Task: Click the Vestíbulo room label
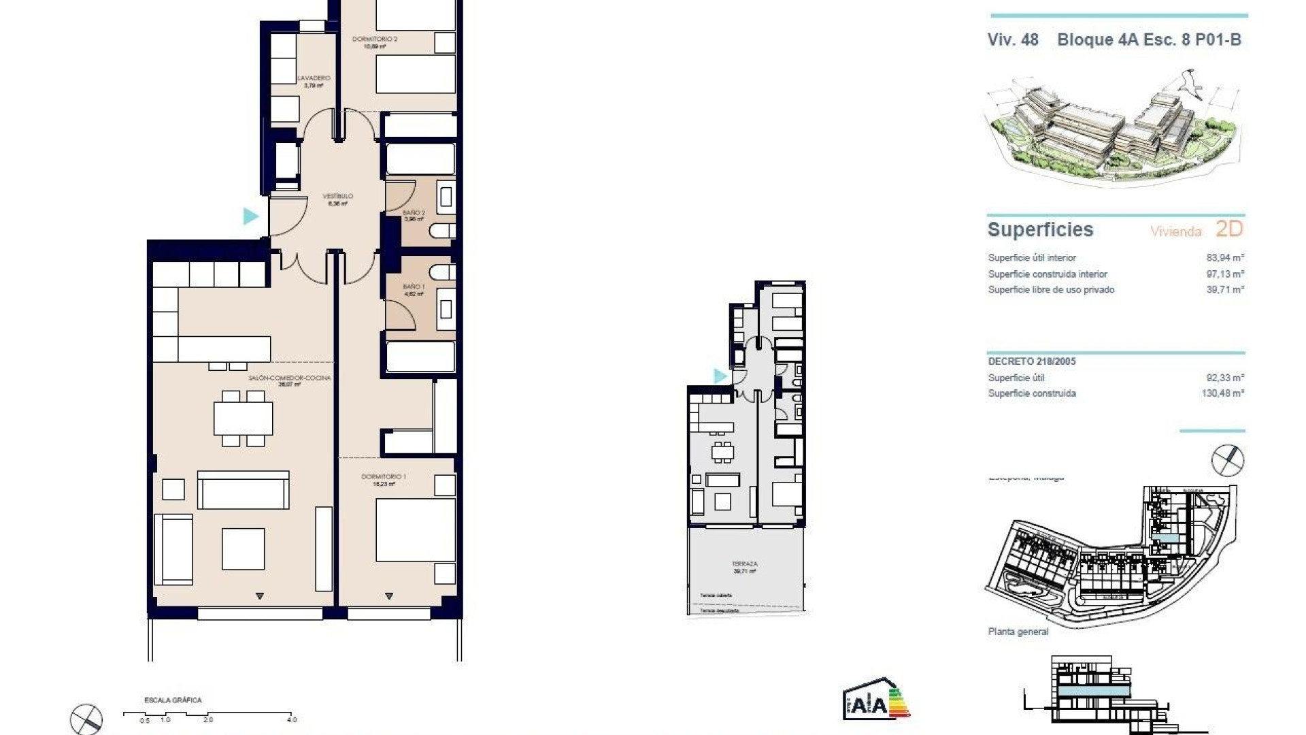pos(338,197)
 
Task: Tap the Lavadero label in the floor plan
pos(314,78)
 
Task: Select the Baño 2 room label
pos(414,213)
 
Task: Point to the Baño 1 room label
pos(414,287)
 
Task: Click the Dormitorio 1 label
pos(384,477)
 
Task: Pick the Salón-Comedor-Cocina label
pos(289,378)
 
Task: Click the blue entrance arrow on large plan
pos(251,216)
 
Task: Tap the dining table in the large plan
pos(243,419)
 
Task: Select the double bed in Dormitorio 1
pos(416,529)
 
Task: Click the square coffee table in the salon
pos(243,549)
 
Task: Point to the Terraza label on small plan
pos(744,564)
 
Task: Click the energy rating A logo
pos(875,701)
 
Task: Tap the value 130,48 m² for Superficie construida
pos(1222,393)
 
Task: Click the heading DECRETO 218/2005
pos(1032,361)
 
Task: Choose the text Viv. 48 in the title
pos(1013,39)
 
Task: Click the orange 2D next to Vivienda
pos(1228,229)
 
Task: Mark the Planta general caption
pos(1018,632)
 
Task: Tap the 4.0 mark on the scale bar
pos(292,719)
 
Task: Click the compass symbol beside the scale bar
pos(86,719)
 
